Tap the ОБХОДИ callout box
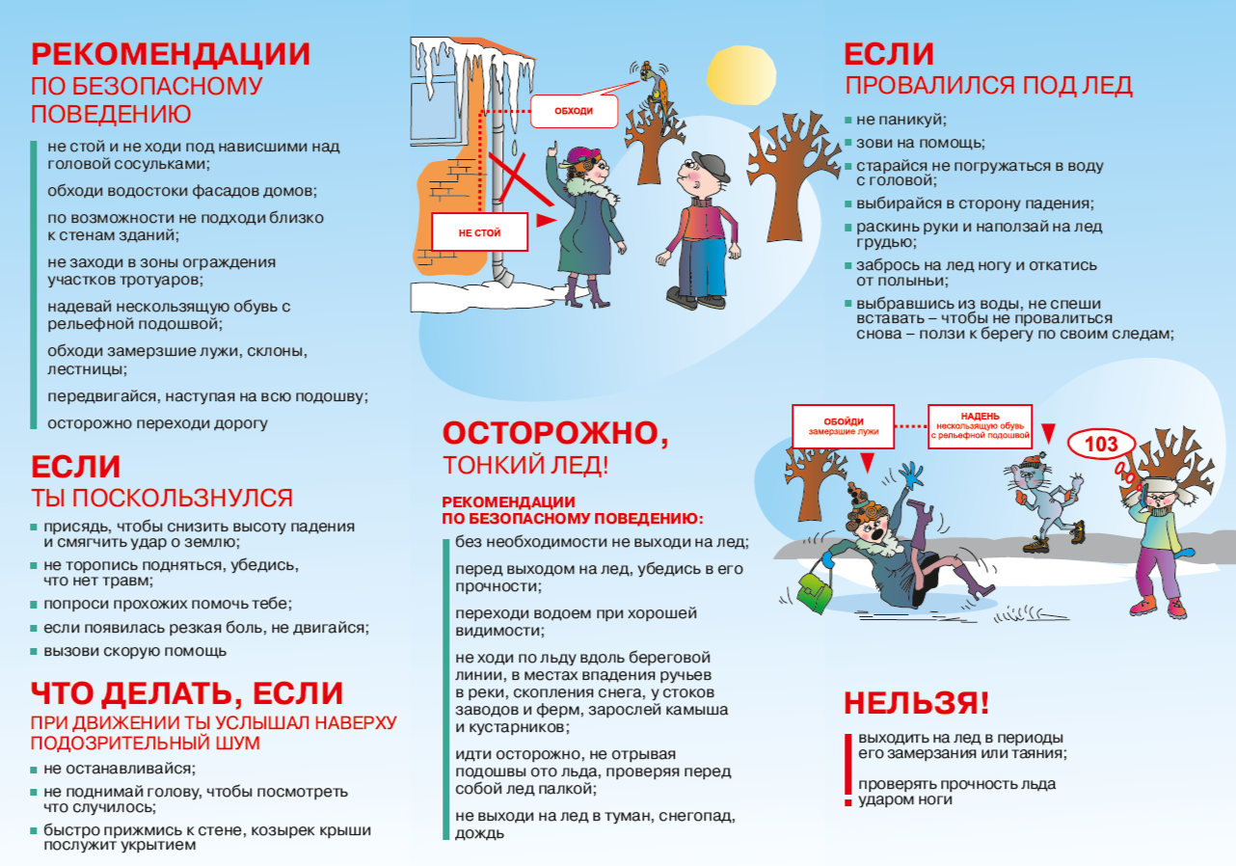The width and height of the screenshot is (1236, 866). (574, 111)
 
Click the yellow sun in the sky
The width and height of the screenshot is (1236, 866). (740, 76)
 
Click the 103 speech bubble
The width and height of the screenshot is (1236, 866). (1101, 445)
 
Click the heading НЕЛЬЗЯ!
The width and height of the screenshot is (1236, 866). (916, 703)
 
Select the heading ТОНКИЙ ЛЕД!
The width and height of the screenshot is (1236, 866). (525, 467)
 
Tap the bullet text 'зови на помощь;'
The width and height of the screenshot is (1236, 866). (906, 143)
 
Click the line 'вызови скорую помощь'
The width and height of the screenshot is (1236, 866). (135, 651)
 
